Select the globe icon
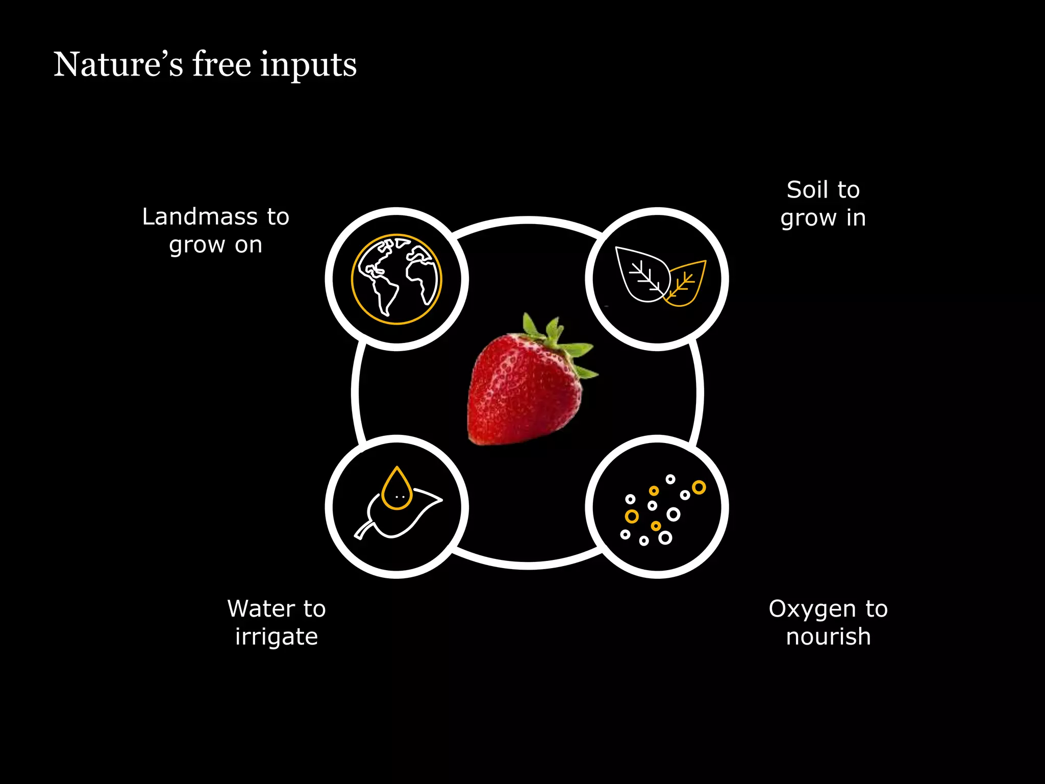click(x=396, y=279)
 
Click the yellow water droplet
click(x=396, y=490)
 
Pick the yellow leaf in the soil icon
click(x=686, y=283)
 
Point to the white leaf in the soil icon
click(x=640, y=273)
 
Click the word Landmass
click(x=200, y=217)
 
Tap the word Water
click(x=261, y=609)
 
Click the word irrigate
click(x=277, y=637)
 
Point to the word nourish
click(x=828, y=637)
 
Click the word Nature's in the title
click(x=118, y=65)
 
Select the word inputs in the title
click(x=308, y=66)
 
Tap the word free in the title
click(x=221, y=65)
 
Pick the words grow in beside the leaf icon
click(x=823, y=218)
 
